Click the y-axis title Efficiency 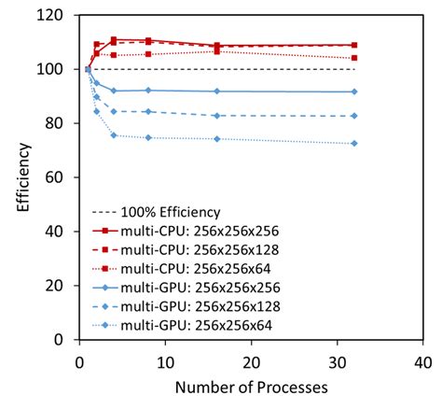coord(23,178)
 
